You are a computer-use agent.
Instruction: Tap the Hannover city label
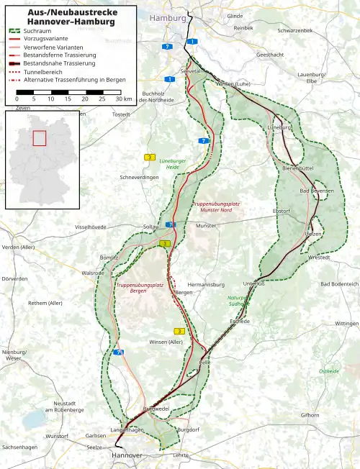tap(127, 455)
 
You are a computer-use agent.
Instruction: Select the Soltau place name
tap(150, 227)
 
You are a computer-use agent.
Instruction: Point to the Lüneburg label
tap(278, 127)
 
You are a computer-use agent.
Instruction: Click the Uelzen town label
tap(313, 234)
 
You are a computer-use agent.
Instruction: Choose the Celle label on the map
tap(206, 363)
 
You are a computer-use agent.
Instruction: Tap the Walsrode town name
tap(92, 273)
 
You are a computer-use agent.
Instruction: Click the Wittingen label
tap(346, 324)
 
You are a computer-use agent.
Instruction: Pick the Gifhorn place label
tap(310, 415)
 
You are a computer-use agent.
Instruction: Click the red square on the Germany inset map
tap(40, 138)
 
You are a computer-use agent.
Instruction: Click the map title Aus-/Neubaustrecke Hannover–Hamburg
tap(61, 17)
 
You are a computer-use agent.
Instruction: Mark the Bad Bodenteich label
tap(339, 284)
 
